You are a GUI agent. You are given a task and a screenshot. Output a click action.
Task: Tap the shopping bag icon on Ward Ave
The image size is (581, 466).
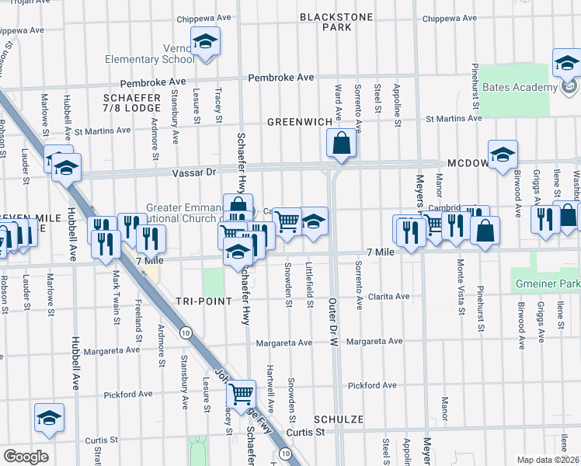[341, 144]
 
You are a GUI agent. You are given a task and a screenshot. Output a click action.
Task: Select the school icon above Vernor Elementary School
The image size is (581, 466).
[205, 41]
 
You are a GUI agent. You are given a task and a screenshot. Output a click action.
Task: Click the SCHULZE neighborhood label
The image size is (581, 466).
[339, 419]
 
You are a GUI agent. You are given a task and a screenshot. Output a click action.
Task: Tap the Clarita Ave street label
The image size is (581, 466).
[388, 296]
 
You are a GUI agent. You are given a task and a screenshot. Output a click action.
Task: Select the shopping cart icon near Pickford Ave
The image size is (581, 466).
[241, 394]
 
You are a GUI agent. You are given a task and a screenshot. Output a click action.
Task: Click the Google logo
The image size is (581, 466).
[25, 457]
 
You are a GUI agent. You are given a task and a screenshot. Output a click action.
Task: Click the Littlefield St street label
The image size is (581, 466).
[309, 285]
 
